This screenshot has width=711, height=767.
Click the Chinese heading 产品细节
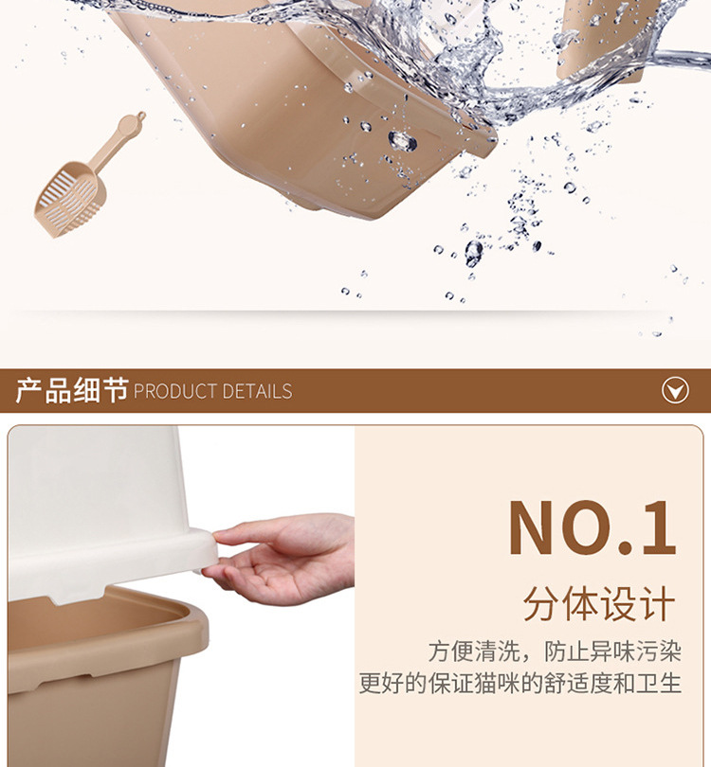[71, 390]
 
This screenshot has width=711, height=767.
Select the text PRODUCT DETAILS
[212, 391]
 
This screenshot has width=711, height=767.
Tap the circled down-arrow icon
[675, 390]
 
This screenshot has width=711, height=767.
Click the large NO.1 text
[592, 526]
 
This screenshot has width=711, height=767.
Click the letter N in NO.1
[537, 526]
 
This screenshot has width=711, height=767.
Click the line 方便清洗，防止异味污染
[555, 651]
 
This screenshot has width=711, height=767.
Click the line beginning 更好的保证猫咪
[520, 684]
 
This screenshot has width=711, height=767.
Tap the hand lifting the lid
[284, 559]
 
